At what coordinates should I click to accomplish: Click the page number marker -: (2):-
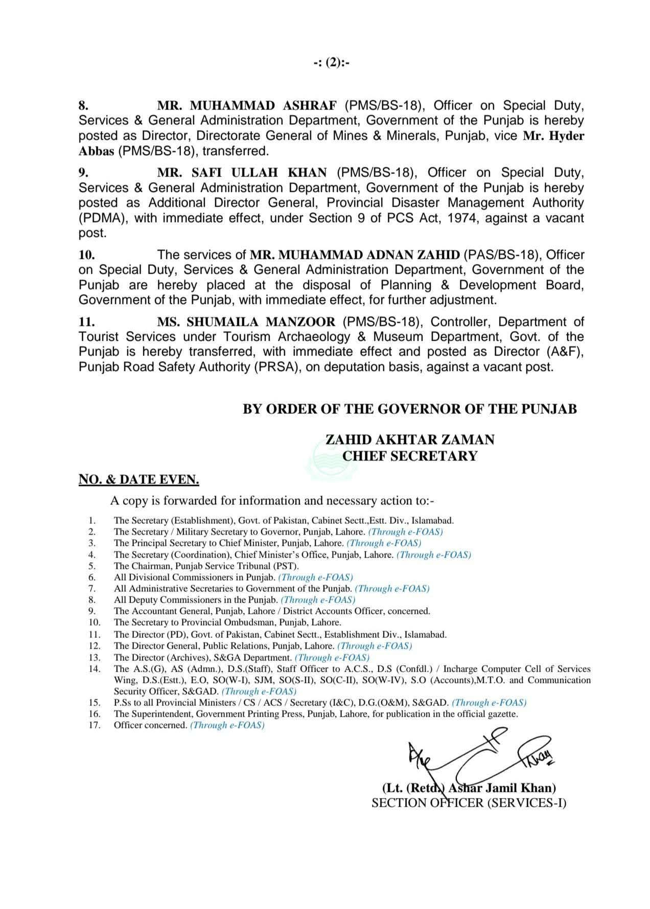click(x=331, y=63)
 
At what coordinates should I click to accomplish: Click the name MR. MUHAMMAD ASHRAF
click(x=247, y=106)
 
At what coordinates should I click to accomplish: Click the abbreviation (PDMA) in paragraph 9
click(x=104, y=218)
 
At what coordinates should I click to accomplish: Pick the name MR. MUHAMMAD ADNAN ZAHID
click(x=355, y=255)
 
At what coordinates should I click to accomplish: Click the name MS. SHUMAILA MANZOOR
click(x=246, y=322)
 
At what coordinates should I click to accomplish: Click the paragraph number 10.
click(x=86, y=255)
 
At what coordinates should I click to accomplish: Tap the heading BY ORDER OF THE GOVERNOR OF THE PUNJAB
click(x=409, y=409)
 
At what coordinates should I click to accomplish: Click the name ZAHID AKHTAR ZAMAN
click(x=410, y=440)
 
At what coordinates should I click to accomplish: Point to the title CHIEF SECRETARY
click(x=410, y=456)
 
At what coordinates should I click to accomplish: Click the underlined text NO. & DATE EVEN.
click(x=138, y=480)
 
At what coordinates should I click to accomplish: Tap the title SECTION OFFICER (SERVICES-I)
click(x=469, y=803)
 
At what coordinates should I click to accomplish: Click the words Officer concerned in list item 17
click(x=150, y=725)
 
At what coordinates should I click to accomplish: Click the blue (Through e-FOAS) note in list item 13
click(x=332, y=658)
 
